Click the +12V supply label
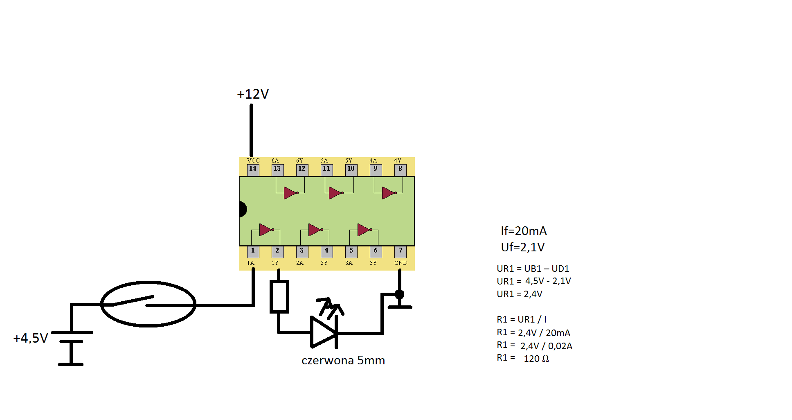coord(253,94)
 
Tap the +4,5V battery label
coord(31,338)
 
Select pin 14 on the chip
coord(253,169)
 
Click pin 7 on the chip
coord(400,251)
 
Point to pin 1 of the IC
coord(253,251)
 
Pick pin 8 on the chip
coord(400,169)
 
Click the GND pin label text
coord(400,263)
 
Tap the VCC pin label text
coord(253,160)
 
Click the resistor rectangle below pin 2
coord(279,297)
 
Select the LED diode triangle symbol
coord(324,332)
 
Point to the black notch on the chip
coord(243,209)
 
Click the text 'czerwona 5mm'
coord(343,361)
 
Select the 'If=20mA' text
coord(524,231)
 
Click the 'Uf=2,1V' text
coord(523,247)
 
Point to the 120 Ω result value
coord(536,359)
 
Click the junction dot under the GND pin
coord(399,294)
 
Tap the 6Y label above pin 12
coord(300,160)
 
